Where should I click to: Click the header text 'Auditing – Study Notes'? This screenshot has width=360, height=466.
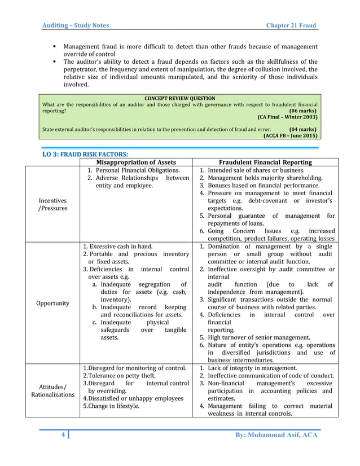click(76, 25)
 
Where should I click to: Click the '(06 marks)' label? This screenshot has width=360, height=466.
click(302, 111)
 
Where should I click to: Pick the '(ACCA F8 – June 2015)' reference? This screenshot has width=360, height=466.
click(290, 135)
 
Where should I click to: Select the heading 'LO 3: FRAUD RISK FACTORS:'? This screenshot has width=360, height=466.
click(85, 154)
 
